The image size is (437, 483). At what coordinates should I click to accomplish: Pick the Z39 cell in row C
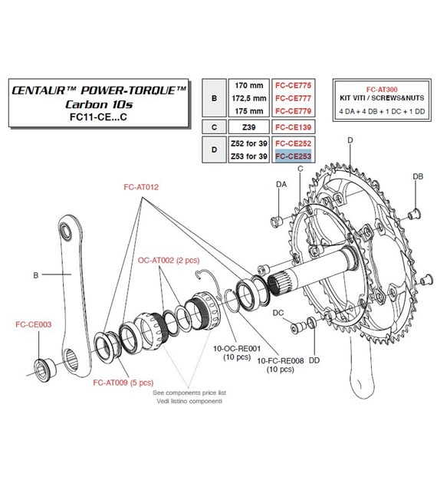click(249, 127)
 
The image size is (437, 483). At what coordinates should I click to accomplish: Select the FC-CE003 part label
click(34, 324)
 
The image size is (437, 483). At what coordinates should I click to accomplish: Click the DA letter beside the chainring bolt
click(281, 185)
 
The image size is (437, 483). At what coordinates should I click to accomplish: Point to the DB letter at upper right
click(418, 177)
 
